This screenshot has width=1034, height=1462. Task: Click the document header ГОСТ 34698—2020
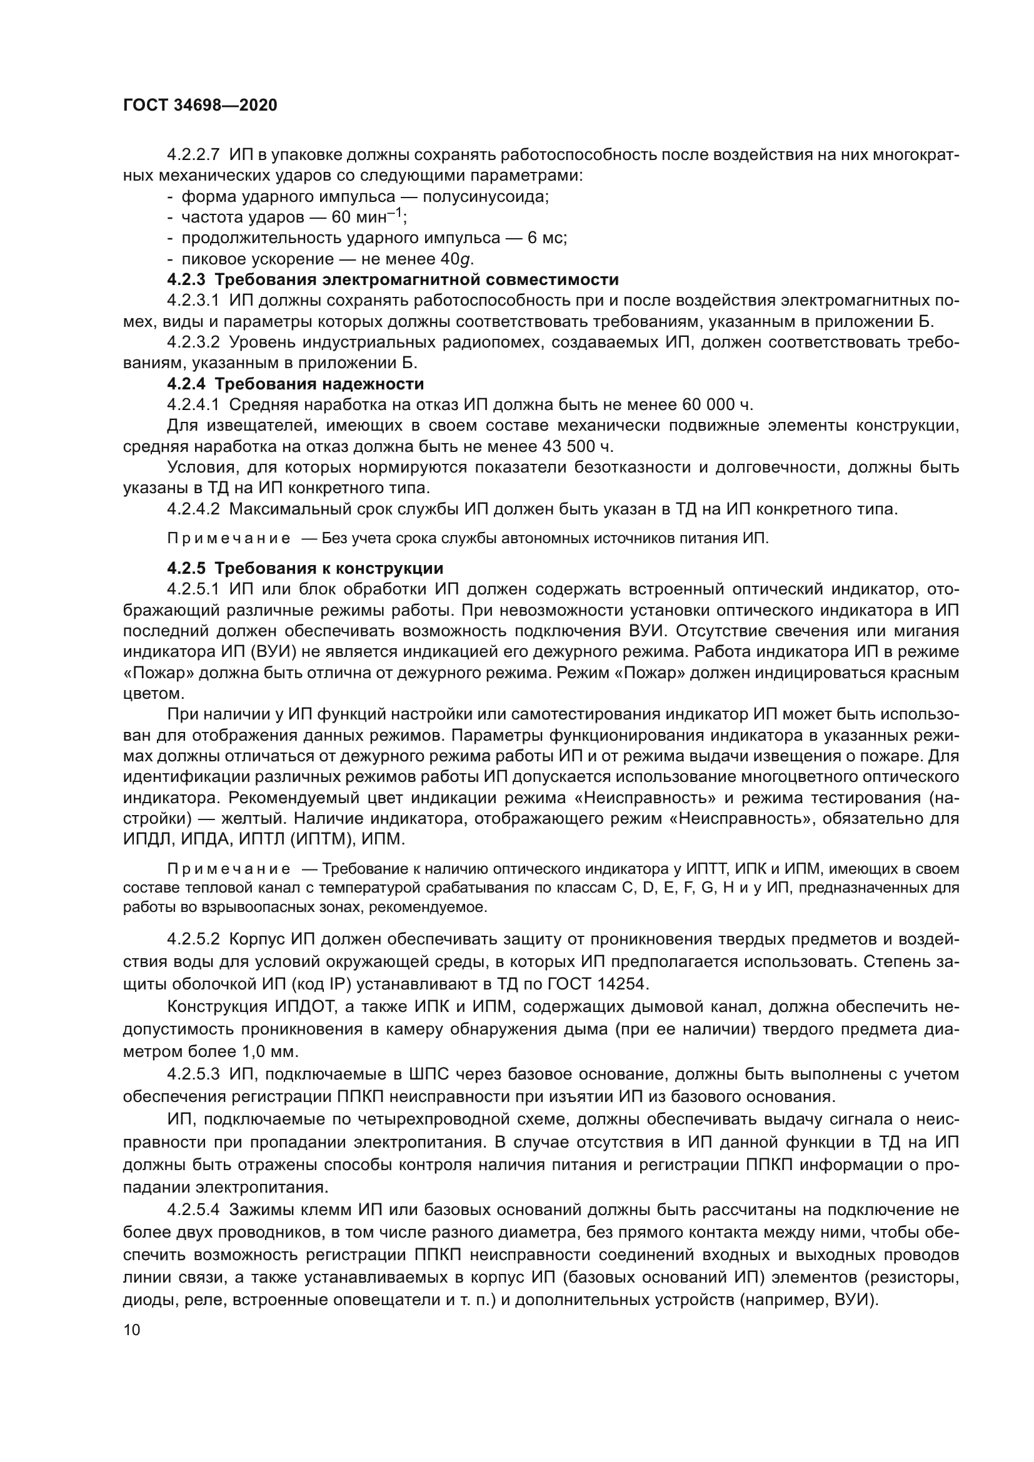click(200, 105)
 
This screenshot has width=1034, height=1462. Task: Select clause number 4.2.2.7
click(194, 155)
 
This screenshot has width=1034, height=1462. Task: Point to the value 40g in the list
click(457, 259)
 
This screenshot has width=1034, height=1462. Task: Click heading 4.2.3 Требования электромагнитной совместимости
click(393, 279)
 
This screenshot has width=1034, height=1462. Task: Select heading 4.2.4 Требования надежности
click(296, 384)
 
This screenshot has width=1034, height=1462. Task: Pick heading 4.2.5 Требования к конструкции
click(305, 568)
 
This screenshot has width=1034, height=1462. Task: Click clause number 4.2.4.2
click(194, 509)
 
